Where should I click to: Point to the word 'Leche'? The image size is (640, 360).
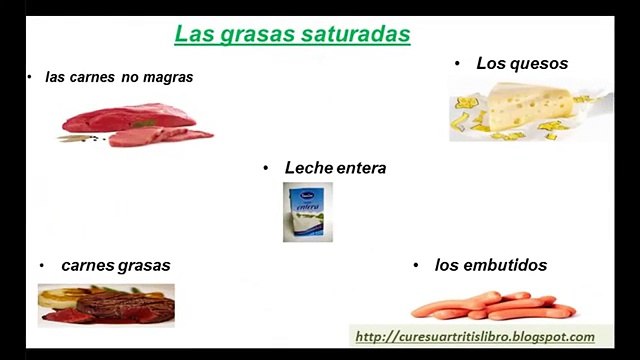[x=307, y=168]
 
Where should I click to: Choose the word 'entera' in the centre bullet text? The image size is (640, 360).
[x=360, y=168]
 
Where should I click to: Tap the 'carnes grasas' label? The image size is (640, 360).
[x=115, y=265]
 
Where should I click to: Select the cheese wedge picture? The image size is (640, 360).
[x=529, y=112]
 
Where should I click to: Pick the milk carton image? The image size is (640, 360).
[x=306, y=212]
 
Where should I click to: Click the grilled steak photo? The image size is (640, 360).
[x=106, y=305]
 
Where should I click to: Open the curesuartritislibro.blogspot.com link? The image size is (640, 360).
[x=475, y=337]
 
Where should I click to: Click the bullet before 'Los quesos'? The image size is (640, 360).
[x=456, y=63]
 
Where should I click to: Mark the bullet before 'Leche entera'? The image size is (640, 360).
[x=266, y=168]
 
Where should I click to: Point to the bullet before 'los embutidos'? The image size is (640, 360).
[x=415, y=265]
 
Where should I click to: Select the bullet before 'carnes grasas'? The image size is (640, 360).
[x=42, y=265]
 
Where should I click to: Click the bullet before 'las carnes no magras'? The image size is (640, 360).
[x=31, y=76]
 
